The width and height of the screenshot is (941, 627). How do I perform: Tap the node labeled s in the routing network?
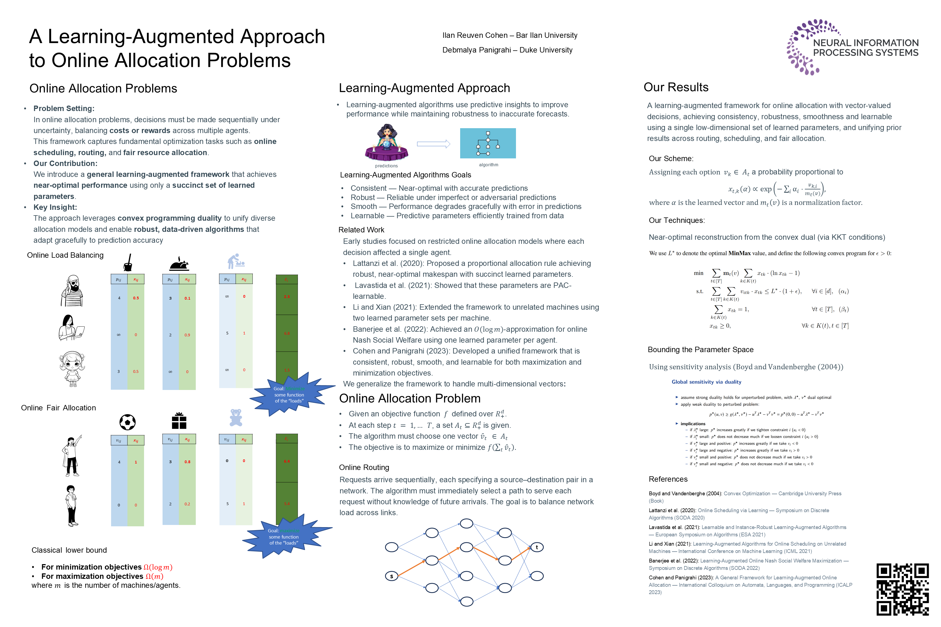pyautogui.click(x=391, y=576)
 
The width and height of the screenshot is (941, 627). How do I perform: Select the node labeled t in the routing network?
pyautogui.click(x=537, y=547)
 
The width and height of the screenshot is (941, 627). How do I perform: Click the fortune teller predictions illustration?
pyautogui.click(x=386, y=143)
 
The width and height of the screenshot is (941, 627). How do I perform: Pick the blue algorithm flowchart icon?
pyautogui.click(x=488, y=143)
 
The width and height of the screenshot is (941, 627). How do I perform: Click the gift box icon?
pyautogui.click(x=179, y=421)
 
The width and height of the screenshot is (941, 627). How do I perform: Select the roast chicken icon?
pyautogui.click(x=179, y=264)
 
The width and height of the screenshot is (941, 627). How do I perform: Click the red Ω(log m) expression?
pyautogui.click(x=158, y=567)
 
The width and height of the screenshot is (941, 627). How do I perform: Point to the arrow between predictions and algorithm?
pyautogui.click(x=433, y=144)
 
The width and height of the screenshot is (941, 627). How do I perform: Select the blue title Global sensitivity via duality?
pyautogui.click(x=706, y=382)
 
